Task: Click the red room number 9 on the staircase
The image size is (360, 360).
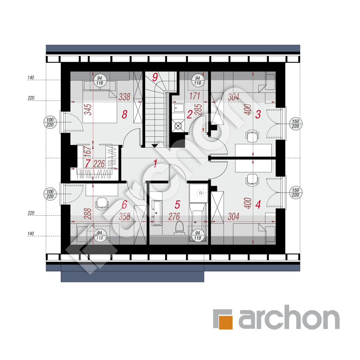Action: click(x=155, y=77)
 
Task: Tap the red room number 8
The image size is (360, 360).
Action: click(x=125, y=114)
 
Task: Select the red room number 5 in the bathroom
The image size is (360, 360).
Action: click(x=177, y=205)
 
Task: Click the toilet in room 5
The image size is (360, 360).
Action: click(x=179, y=227)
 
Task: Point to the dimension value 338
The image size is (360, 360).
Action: click(x=125, y=97)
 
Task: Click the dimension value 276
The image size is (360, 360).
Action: click(x=174, y=217)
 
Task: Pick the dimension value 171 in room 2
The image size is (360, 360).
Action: click(x=195, y=96)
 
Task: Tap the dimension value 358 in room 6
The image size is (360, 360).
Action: click(x=125, y=217)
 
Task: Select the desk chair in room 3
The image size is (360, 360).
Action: click(x=252, y=136)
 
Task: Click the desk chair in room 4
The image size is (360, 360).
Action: click(x=252, y=179)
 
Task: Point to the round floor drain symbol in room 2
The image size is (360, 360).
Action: click(x=179, y=126)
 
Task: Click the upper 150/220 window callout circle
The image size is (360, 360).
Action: click(x=295, y=124)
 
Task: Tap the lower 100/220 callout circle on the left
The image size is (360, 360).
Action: click(x=50, y=194)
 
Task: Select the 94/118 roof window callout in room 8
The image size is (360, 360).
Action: click(x=100, y=80)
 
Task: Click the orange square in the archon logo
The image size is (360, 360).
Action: click(x=225, y=322)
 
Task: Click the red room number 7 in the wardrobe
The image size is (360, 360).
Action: click(x=88, y=164)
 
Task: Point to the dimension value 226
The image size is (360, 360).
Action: click(x=99, y=164)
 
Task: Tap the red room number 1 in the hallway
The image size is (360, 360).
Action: click(x=155, y=163)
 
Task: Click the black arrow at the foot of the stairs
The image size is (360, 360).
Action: click(x=154, y=146)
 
